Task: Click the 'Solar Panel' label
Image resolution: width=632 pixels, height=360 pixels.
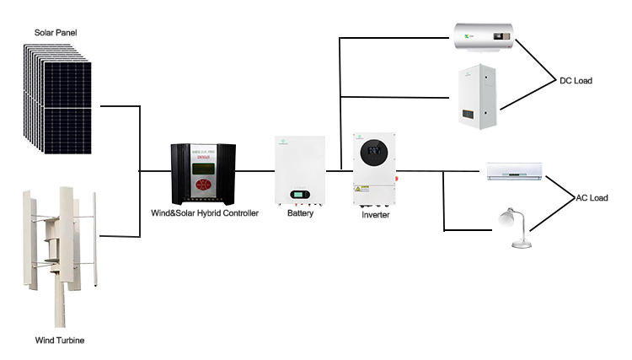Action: point(56,33)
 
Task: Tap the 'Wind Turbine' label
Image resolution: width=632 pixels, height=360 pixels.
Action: point(60,341)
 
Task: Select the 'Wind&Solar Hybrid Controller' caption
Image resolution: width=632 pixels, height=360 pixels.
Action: point(205,213)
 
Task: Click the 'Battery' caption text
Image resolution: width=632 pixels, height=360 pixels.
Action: point(300,213)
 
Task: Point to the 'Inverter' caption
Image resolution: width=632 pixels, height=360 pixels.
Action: point(375,215)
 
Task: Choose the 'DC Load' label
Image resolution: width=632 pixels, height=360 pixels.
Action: point(576,81)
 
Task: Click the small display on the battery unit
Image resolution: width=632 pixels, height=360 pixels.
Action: point(301,196)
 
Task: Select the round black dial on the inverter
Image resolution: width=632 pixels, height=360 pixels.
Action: point(375,157)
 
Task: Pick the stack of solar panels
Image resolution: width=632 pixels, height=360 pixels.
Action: point(55,99)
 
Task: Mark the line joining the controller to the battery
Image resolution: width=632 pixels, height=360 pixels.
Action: point(256,170)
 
